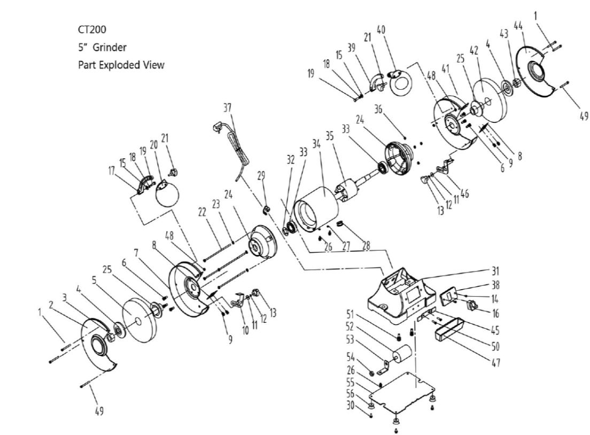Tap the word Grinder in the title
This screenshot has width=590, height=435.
(110, 47)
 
